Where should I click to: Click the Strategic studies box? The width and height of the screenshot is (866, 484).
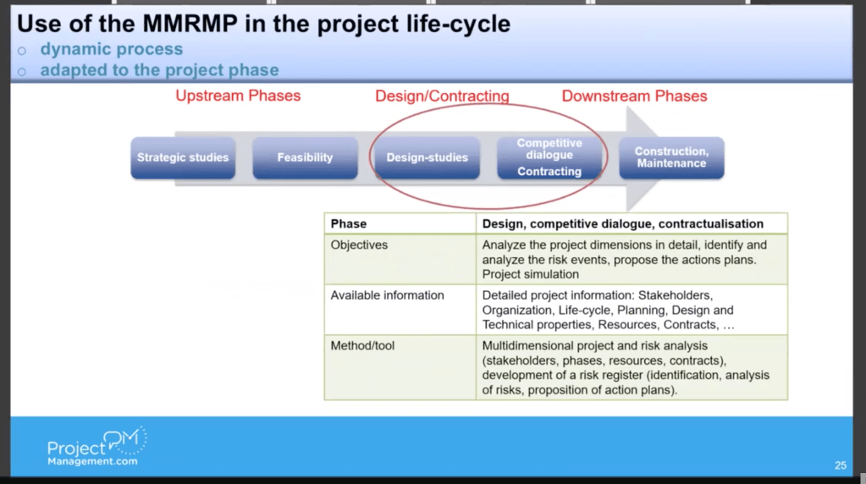point(183,158)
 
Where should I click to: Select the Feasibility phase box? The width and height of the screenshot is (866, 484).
point(305,158)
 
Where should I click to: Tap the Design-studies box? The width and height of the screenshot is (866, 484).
point(427,158)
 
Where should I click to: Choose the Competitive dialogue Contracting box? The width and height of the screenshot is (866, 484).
point(549,158)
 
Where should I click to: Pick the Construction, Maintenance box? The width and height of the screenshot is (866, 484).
point(671,158)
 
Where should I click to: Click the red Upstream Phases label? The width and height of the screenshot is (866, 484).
point(238,96)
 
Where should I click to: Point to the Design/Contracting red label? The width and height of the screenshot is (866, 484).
point(442,96)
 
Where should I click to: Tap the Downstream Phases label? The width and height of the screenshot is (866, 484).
point(634,96)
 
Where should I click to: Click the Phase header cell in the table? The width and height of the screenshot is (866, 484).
point(349,223)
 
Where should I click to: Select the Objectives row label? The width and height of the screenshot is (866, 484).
point(359,245)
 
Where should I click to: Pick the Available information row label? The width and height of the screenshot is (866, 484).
point(387,295)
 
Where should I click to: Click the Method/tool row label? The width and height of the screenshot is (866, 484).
point(362,346)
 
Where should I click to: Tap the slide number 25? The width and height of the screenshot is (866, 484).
point(840,465)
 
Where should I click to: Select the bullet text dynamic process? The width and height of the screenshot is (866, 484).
point(111,50)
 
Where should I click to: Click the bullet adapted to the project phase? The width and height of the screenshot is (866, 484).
point(159,70)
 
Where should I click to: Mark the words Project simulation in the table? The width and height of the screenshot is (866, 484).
point(531,274)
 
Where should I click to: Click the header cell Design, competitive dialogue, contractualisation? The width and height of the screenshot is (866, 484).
point(622,223)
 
